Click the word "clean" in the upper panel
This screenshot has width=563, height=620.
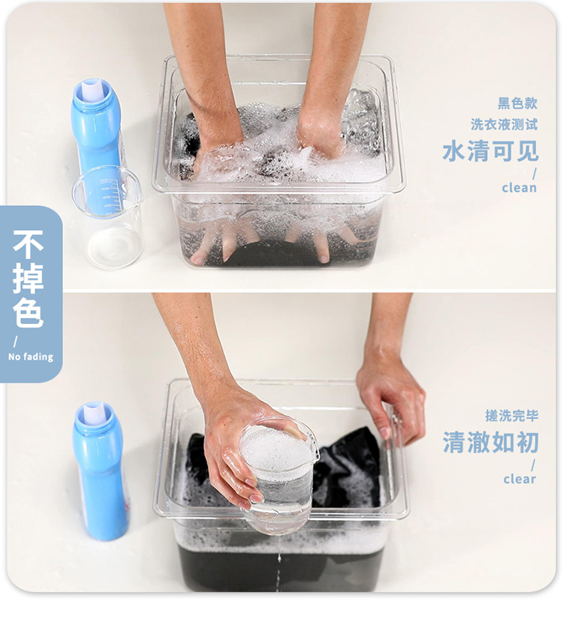(519, 188)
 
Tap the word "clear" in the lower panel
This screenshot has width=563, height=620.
(519, 479)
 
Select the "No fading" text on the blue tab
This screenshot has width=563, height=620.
(31, 357)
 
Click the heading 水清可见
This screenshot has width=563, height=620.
(490, 151)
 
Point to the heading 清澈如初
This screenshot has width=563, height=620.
(490, 442)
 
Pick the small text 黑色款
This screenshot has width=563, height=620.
(517, 104)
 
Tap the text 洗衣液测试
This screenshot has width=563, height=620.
(504, 124)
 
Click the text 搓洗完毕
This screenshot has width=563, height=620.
(512, 416)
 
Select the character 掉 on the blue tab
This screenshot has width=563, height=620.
(28, 278)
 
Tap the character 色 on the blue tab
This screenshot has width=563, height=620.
(28, 313)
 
